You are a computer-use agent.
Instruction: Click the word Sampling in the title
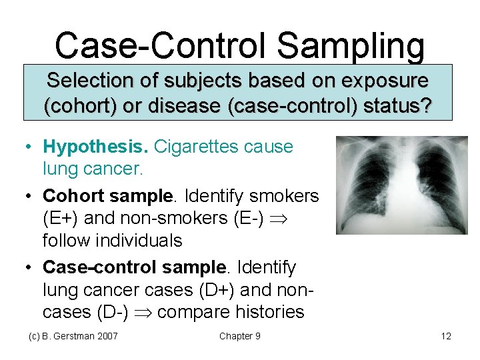click(x=350, y=47)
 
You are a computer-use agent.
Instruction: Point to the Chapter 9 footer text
click(x=239, y=336)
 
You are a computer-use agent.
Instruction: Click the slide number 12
click(x=446, y=336)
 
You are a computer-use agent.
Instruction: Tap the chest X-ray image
click(x=401, y=185)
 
